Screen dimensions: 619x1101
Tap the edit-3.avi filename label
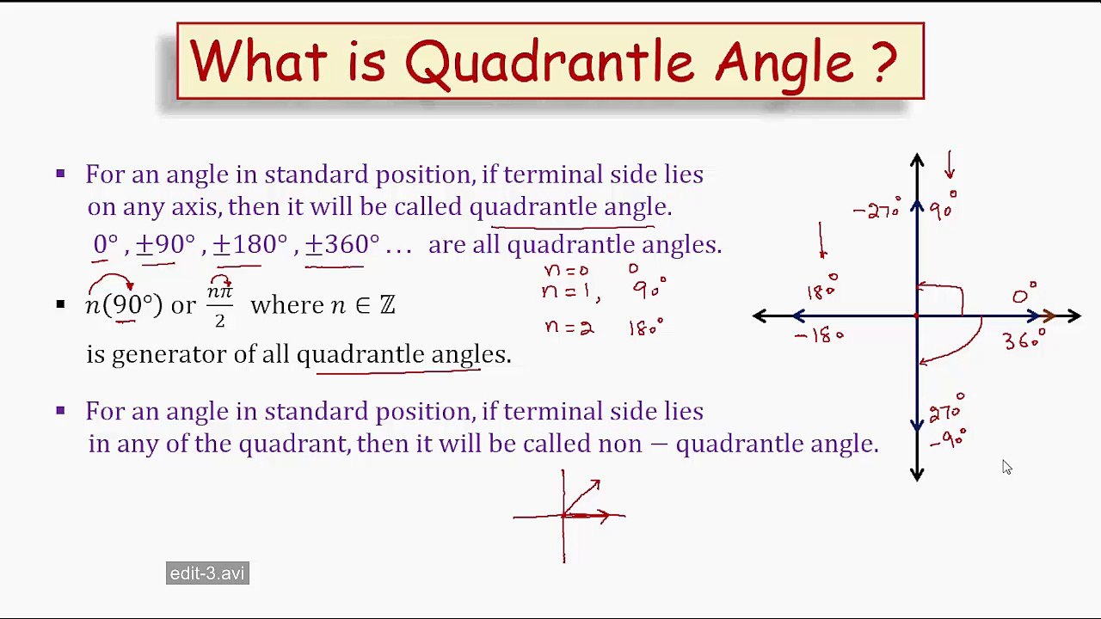coord(207,573)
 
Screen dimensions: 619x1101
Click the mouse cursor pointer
coord(1006,467)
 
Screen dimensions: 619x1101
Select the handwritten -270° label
coord(876,209)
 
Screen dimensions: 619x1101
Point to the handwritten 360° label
coord(1024,340)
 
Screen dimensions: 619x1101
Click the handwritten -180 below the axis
coord(819,335)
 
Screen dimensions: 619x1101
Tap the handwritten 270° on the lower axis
coord(946,410)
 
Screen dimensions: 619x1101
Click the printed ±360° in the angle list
coord(341,245)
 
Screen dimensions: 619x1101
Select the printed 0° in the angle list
coord(105,245)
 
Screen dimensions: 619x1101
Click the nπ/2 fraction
coord(219,305)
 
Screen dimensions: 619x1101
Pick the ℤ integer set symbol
coord(387,305)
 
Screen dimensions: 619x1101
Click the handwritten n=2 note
coord(569,328)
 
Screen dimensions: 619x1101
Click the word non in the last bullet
coord(619,444)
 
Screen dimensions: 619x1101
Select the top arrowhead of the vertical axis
coord(917,161)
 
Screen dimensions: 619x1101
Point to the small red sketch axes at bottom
coord(568,516)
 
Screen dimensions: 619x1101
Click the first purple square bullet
coord(60,174)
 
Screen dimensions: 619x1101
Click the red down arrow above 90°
coord(950,165)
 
